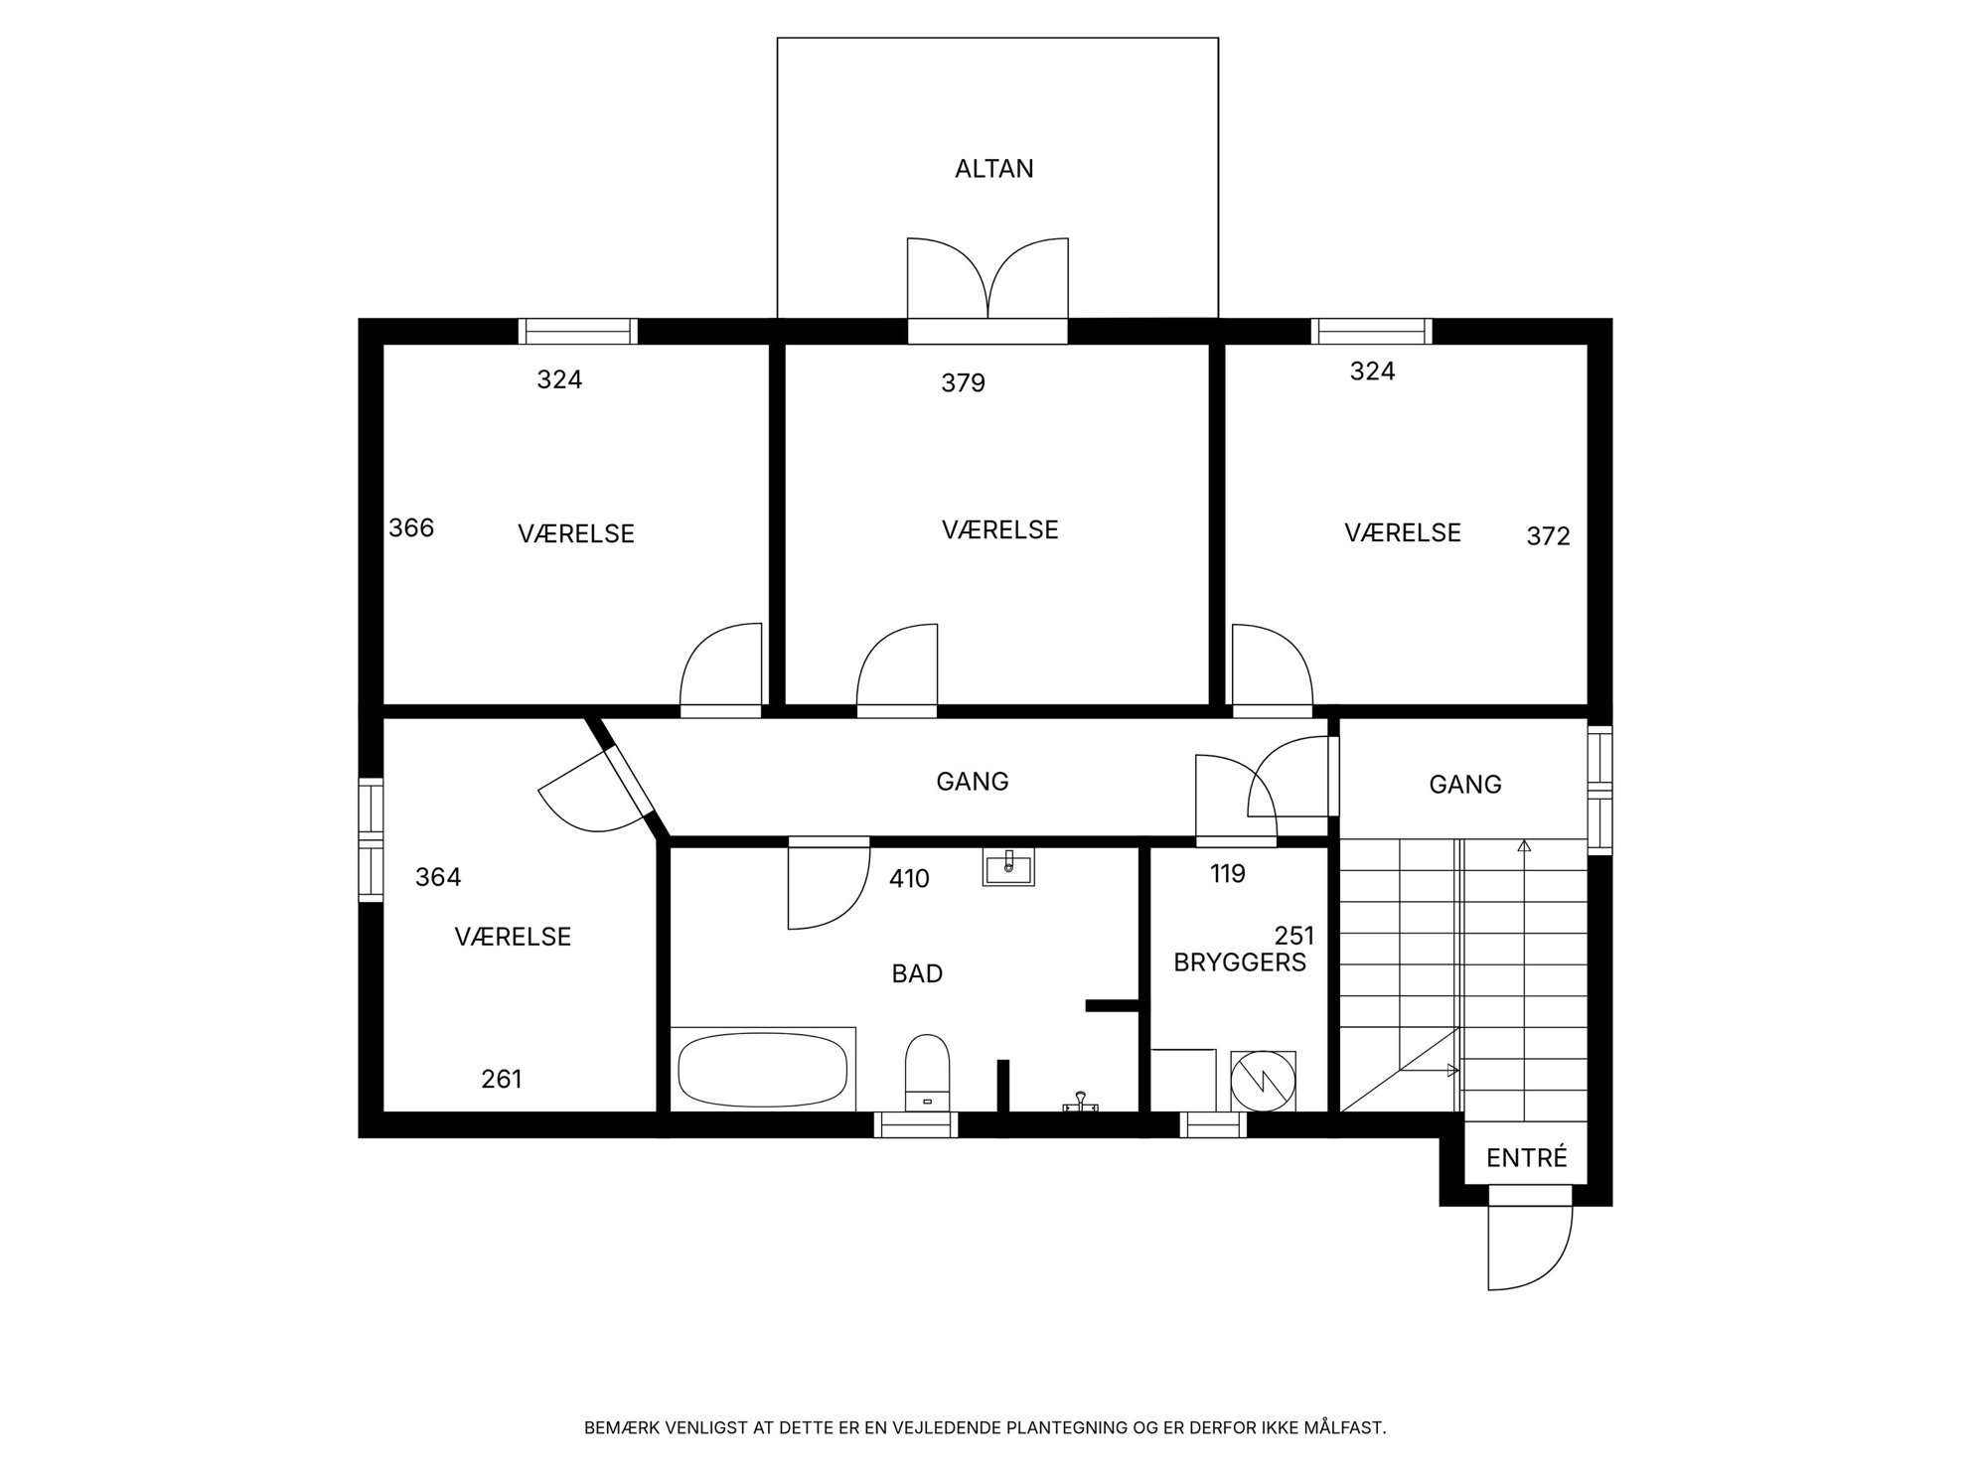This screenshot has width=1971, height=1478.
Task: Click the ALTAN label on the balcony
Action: point(994,169)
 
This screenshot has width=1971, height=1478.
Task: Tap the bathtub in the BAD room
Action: point(762,1070)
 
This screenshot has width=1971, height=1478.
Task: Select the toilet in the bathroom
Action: point(928,1072)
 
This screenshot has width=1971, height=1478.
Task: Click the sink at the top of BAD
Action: point(1008,866)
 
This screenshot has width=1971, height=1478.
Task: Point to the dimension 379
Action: point(963,382)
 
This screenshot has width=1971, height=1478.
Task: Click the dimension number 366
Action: point(411,527)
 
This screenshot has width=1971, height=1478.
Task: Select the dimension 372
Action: point(1548,536)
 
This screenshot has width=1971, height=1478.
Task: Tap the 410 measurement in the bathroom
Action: point(909,878)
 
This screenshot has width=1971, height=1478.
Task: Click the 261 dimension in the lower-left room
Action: point(502,1079)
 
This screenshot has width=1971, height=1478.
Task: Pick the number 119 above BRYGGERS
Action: point(1228,874)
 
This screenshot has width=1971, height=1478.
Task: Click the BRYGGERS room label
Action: point(1240,962)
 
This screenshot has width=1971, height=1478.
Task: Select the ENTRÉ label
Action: point(1527,1158)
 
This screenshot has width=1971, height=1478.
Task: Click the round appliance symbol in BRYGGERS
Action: point(1263,1081)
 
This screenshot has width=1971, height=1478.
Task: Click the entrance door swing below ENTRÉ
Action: point(1530,1249)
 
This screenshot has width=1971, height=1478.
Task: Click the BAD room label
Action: point(917,973)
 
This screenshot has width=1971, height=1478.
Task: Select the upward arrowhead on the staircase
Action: point(1524,846)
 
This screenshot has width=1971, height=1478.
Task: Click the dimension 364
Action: point(438,877)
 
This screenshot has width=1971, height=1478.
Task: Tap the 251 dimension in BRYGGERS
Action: point(1294,936)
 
